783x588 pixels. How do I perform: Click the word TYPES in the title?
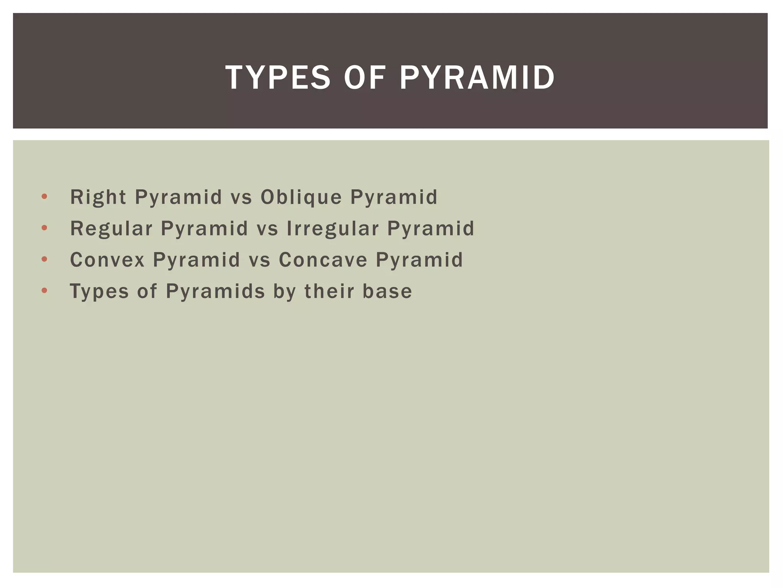pos(278,78)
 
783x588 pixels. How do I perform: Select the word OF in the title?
pos(364,78)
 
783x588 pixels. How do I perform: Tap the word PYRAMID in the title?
pos(477,78)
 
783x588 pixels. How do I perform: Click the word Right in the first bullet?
pos(98,198)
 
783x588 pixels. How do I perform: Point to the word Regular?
pos(111,229)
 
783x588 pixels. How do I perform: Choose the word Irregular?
pos(333,229)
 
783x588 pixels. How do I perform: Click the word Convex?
pos(107,260)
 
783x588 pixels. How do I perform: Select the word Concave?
pos(323,260)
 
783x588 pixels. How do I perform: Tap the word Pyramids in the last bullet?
pos(215,291)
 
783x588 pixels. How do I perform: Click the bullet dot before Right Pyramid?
pos(44,197)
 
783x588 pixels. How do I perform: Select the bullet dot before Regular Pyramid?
pos(44,228)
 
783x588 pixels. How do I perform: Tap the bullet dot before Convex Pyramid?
pos(44,260)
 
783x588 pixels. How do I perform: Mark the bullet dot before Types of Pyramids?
pos(44,291)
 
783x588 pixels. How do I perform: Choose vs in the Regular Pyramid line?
pos(267,229)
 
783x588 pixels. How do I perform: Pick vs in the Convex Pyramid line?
pos(260,260)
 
